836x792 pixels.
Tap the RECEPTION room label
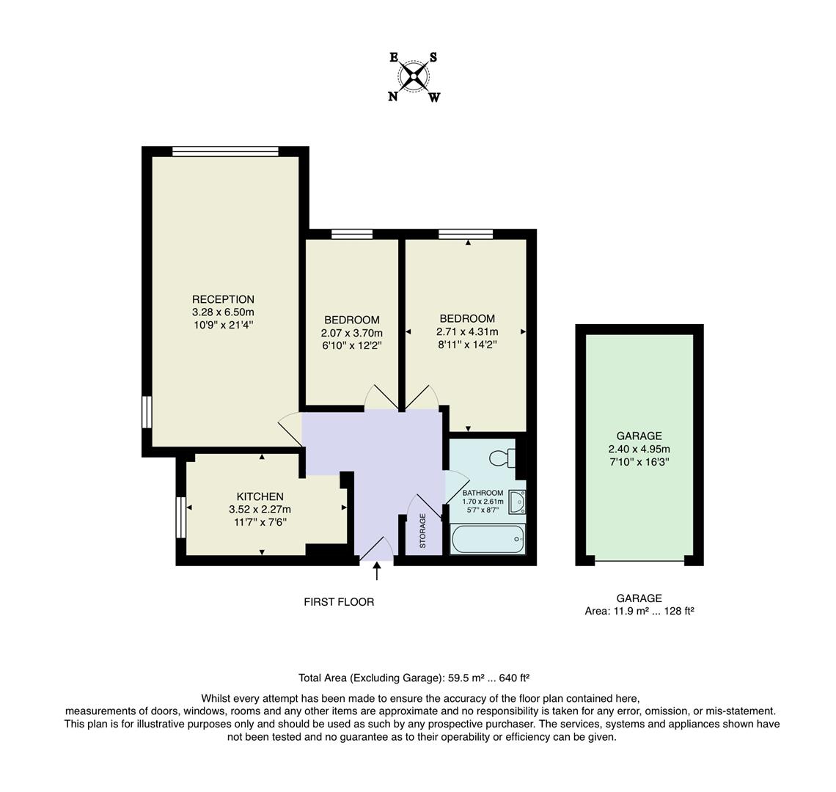223,299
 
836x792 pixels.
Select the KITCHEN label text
260,496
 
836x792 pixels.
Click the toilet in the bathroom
502,458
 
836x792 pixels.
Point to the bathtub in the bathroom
488,540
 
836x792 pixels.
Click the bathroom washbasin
518,502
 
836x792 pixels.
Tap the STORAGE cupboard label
422,531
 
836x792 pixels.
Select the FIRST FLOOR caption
339,602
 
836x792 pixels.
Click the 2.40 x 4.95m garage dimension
639,449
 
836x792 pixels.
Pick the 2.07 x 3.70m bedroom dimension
352,332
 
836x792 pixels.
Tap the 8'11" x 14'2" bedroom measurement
467,345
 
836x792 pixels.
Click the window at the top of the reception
225,152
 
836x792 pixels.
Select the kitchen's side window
180,518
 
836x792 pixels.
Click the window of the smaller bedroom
352,235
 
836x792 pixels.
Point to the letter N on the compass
393,96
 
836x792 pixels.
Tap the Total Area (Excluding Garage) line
414,678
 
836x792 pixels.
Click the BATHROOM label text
483,493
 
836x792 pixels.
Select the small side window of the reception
147,411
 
